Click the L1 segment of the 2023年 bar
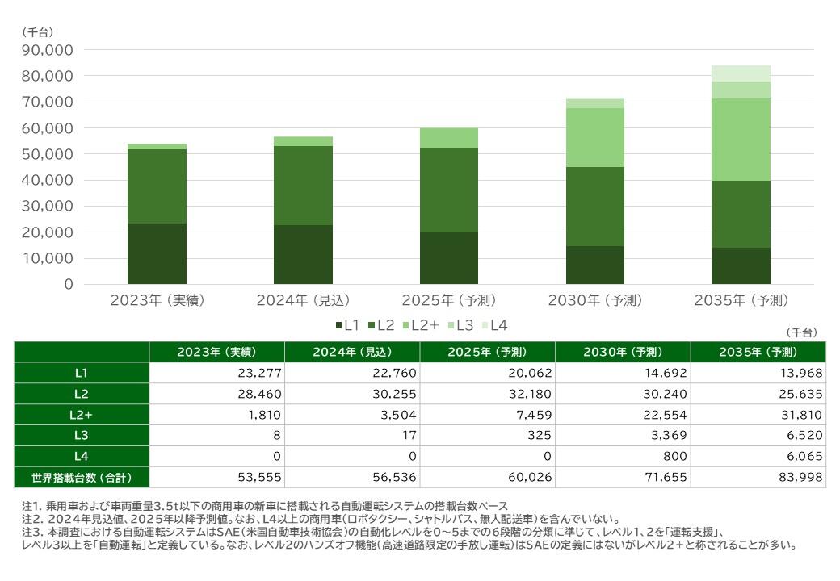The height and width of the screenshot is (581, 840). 157,253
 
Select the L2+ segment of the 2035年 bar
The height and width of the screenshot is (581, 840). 741,140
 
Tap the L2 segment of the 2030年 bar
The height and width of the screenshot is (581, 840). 594,207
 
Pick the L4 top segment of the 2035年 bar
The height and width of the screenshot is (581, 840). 741,73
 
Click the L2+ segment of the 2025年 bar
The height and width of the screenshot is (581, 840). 448,138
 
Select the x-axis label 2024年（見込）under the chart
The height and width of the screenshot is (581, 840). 303,301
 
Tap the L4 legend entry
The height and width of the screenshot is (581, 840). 494,325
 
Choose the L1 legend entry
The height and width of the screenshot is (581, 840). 347,325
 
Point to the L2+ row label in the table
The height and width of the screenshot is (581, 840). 82,415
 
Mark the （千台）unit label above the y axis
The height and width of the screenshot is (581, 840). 37,32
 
